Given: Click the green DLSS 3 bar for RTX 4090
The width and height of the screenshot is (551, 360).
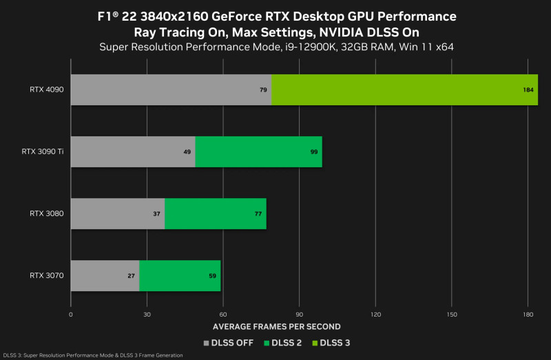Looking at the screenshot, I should tap(404, 89).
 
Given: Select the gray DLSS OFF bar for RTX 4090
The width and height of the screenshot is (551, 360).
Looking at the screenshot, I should tap(171, 89).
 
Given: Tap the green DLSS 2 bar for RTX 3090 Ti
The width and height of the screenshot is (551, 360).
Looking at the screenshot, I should tap(259, 151).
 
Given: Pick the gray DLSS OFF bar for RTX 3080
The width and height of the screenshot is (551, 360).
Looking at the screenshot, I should tap(118, 213).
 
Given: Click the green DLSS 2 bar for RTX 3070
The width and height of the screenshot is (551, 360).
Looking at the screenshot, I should tap(180, 275).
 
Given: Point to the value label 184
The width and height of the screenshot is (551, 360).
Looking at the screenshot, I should tap(529, 90).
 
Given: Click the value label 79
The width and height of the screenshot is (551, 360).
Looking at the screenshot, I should tap(263, 90).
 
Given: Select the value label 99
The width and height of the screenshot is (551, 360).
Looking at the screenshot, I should tap(314, 152).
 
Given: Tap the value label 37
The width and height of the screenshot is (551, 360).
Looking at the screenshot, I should tap(156, 214).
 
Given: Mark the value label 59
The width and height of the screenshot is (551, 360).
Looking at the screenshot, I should tap(213, 276).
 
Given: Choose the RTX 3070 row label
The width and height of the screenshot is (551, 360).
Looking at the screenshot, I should tap(47, 275).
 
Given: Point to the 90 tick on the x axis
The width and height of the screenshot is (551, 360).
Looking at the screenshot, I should tap(298, 314).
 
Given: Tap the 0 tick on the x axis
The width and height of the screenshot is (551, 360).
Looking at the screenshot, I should tap(71, 314).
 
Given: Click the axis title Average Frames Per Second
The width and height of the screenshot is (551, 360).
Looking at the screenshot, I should tap(276, 326).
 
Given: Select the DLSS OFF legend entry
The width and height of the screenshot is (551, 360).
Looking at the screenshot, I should tap(229, 342).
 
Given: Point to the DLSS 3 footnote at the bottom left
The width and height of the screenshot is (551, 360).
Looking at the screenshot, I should tap(93, 355).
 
